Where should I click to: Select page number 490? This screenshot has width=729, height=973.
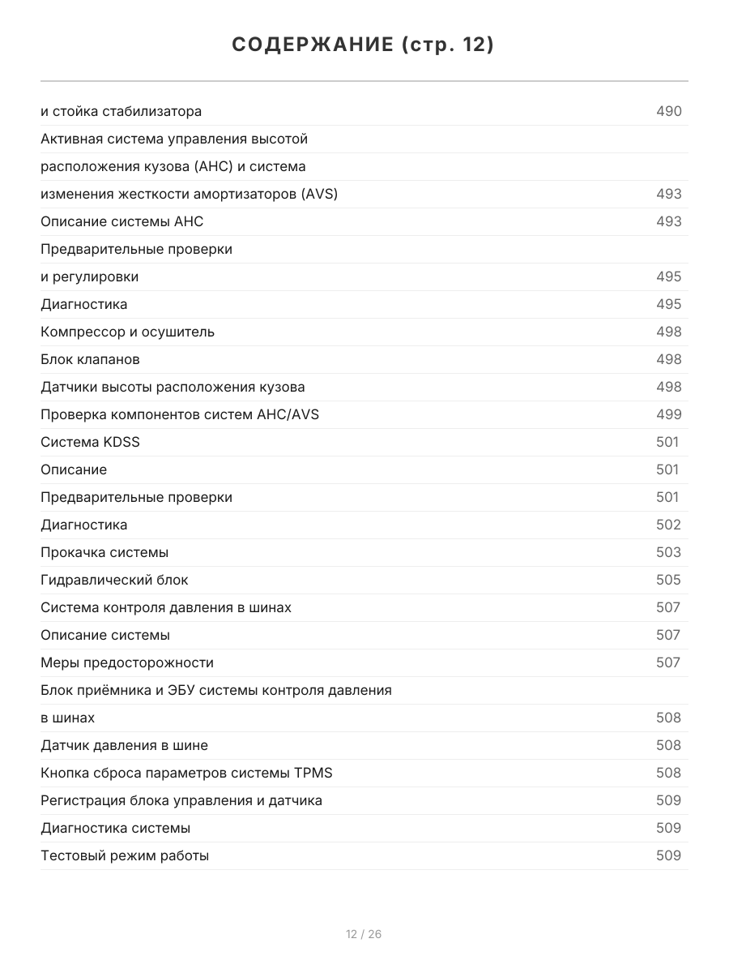(668, 111)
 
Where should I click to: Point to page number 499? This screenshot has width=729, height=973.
(668, 414)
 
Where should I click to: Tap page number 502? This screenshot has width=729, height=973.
(668, 525)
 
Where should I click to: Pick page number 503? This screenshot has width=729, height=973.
(668, 552)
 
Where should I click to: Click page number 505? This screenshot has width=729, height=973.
(668, 580)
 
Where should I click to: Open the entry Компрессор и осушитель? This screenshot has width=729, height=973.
(127, 332)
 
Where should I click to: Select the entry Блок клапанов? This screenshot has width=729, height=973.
(90, 359)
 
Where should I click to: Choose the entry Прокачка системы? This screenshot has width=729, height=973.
(104, 552)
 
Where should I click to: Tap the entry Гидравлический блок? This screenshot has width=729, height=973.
(114, 580)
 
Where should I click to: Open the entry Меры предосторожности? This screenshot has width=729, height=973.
(127, 662)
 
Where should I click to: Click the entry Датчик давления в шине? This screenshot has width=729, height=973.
(124, 745)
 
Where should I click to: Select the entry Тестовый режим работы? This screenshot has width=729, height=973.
(125, 855)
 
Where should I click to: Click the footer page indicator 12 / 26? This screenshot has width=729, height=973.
(364, 934)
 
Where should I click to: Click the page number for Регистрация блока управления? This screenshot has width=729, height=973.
(668, 800)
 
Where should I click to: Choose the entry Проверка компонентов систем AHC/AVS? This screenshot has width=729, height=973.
(180, 414)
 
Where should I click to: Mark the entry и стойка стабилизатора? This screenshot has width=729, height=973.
(121, 111)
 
